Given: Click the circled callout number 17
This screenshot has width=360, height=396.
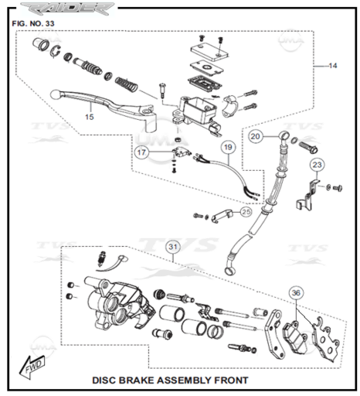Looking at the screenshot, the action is tap(141, 152).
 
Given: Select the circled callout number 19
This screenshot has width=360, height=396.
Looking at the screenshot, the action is tap(228, 147).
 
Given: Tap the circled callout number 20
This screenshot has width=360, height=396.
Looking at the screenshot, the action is tap(255, 136).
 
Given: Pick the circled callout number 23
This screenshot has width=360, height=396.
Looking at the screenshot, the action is tap(317, 165).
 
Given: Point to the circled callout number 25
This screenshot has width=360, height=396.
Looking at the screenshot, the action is tap(246, 212).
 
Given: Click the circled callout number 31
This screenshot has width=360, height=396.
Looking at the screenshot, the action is tap(173, 247).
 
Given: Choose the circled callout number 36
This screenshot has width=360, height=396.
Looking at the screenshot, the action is tap(296, 293).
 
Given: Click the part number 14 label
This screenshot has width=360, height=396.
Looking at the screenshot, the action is tap(333, 66).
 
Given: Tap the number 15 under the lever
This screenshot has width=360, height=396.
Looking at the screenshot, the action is tap(90, 117).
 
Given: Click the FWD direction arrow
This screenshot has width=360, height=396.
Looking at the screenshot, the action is tap(32, 367).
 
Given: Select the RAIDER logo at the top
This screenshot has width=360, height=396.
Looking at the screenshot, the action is tap(67, 9).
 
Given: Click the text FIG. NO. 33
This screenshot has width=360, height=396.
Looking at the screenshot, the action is tap(33, 23).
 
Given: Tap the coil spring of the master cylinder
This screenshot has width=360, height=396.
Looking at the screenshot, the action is tap(126, 84).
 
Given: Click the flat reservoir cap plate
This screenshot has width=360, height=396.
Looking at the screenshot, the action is tap(209, 53).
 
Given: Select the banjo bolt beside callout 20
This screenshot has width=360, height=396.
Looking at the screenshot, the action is tap(308, 146).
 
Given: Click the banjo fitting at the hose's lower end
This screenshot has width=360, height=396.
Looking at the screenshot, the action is tap(230, 270).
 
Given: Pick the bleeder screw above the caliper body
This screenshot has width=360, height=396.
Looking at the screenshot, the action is tap(102, 259).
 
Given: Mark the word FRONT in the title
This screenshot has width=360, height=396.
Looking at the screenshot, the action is tap(232, 381).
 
